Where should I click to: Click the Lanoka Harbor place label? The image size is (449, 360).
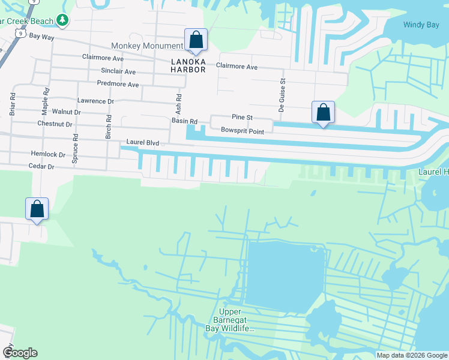pyautogui.click(x=187, y=65)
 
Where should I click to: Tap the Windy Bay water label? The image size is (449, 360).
pyautogui.click(x=421, y=25)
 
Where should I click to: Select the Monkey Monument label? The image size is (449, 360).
pyautogui.click(x=147, y=46)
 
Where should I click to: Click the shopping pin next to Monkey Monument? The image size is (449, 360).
pyautogui.click(x=196, y=40)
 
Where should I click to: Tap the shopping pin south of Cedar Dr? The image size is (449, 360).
pyautogui.click(x=37, y=210)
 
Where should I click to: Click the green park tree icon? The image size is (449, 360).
pyautogui.click(x=62, y=20)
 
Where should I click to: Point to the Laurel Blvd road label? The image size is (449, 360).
pyautogui.click(x=142, y=143)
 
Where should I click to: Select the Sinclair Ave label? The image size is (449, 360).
pyautogui.click(x=118, y=71)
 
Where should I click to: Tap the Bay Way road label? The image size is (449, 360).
pyautogui.click(x=41, y=37)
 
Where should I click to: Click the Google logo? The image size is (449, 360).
pyautogui.click(x=20, y=353)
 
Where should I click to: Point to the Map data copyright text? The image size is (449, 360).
pyautogui.click(x=412, y=355)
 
